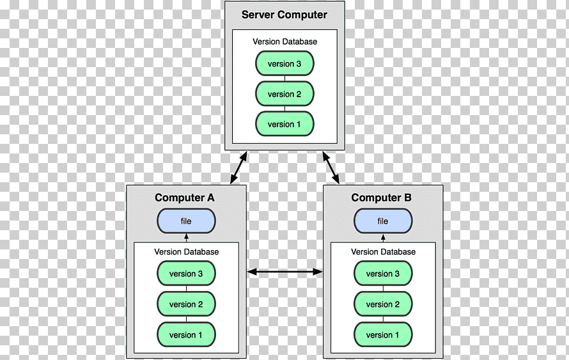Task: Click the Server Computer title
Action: point(284,15)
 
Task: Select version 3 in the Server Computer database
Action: point(285,63)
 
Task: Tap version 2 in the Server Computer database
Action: point(285,94)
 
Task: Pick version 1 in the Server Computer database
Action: point(285,124)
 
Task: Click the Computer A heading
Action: point(185,198)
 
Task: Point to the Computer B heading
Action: point(382,198)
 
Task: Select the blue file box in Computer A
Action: point(186,221)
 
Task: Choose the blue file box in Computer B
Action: point(383,221)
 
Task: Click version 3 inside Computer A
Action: point(186,274)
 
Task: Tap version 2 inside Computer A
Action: point(186,304)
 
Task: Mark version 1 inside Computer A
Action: point(186,334)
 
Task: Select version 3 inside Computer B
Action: point(383,274)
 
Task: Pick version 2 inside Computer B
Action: point(383,304)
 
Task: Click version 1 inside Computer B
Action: point(383,334)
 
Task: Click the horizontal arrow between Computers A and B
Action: point(285,272)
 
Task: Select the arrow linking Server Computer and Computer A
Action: point(238,168)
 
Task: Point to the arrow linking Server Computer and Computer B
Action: point(331,168)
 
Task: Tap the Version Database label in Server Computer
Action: point(285,42)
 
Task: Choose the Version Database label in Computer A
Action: point(186,252)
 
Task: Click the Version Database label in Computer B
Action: point(383,252)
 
